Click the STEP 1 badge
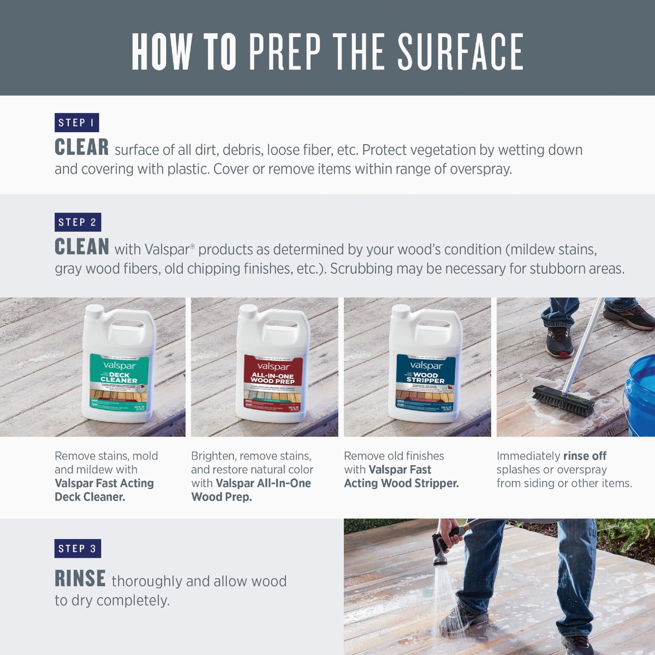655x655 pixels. (76, 123)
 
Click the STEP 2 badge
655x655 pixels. (78, 222)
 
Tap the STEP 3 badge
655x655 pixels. (78, 549)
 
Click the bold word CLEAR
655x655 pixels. (82, 148)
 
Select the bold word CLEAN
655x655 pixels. (82, 247)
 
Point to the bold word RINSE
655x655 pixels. (80, 579)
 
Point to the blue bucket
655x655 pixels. (641, 393)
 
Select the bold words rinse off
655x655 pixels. (585, 456)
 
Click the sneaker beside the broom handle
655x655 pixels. (559, 342)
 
